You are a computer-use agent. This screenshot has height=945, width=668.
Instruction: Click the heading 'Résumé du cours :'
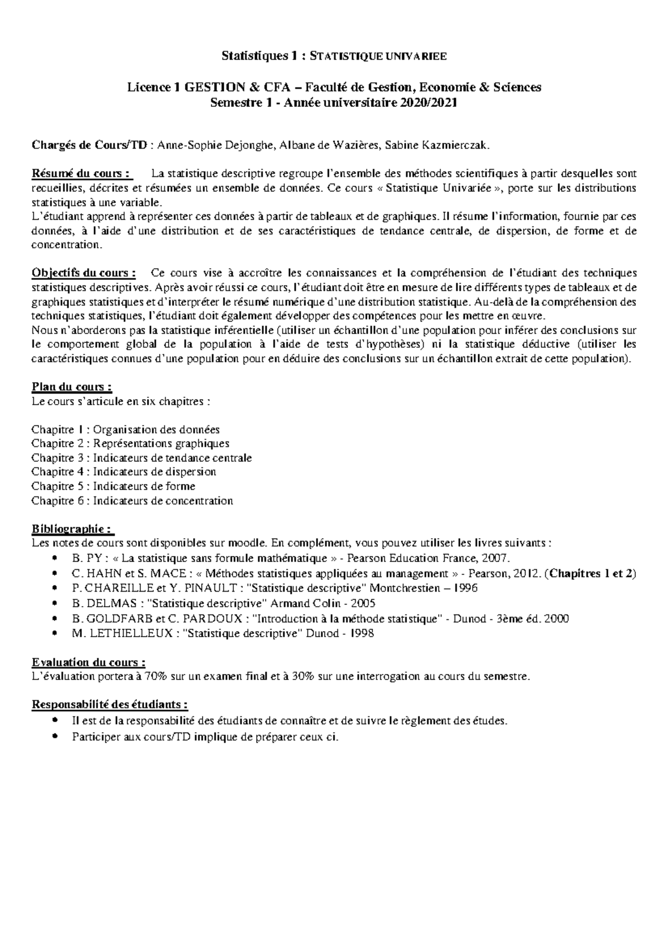[82, 173]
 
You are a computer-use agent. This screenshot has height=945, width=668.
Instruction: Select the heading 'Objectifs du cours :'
[84, 273]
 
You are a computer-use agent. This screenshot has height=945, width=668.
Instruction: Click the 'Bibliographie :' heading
[73, 528]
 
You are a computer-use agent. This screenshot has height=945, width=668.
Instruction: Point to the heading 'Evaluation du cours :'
[89, 662]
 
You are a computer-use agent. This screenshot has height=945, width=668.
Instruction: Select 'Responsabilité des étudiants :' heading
[110, 705]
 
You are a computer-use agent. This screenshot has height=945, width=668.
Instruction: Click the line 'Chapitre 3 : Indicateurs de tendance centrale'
[141, 458]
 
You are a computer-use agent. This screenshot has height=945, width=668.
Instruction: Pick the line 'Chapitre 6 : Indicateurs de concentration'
[132, 501]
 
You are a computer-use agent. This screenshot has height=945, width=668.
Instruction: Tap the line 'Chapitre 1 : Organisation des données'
[125, 430]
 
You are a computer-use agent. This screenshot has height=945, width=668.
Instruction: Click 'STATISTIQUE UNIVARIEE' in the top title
[377, 56]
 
